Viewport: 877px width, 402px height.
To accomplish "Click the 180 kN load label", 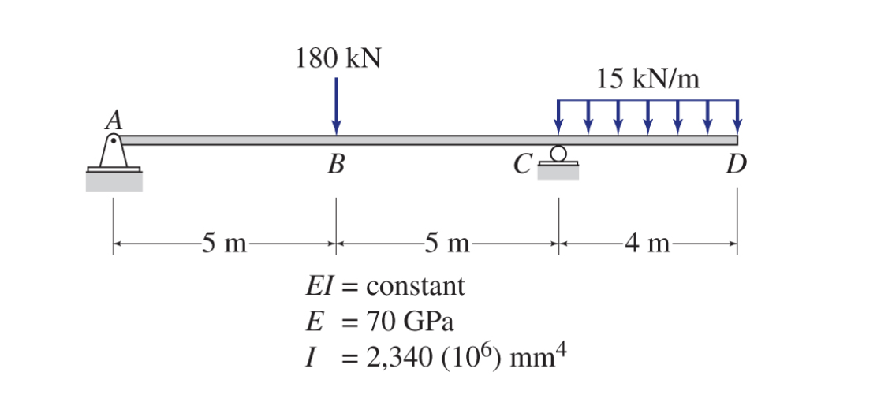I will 338,58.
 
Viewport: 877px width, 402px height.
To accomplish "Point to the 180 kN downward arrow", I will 337,106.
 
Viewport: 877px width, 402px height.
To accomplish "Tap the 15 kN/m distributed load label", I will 647,79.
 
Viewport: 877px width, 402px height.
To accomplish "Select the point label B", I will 336,165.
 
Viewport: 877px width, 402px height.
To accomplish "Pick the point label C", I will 521,165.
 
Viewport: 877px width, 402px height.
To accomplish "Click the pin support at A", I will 114,153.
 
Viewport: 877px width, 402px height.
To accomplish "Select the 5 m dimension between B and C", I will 446,244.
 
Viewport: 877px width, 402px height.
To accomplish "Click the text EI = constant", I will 385,285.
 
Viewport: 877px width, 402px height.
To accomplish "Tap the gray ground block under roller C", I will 558,173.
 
